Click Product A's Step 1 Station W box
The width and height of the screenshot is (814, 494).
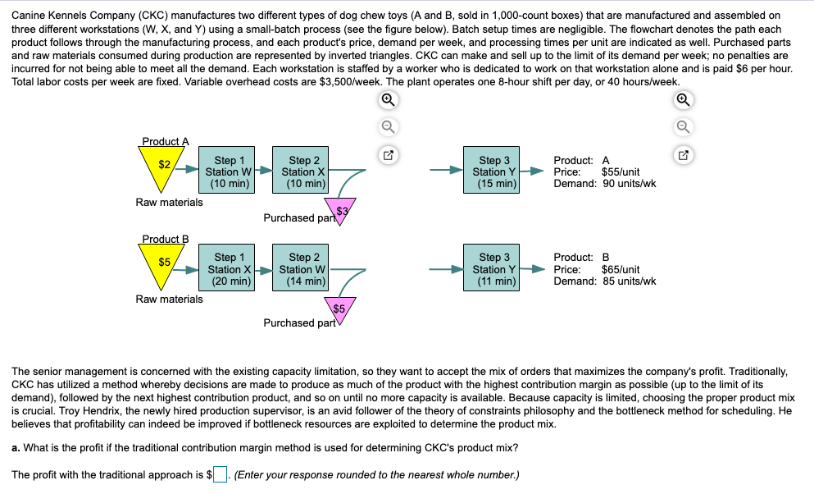coord(228,172)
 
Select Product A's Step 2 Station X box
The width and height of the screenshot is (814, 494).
coord(304,172)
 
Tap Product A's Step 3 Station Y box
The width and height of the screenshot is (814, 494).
coord(494,172)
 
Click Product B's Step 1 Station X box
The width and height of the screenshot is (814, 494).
coord(230,269)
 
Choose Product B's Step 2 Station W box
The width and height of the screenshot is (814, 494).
coord(303,269)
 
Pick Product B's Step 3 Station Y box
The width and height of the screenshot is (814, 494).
coord(494,269)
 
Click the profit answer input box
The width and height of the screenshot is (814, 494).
coord(220,475)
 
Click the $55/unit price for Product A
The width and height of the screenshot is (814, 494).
coord(621,172)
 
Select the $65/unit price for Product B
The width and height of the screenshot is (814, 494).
coord(621,269)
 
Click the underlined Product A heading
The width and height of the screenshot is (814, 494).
coord(165,141)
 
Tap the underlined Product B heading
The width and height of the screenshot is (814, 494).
coord(165,239)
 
